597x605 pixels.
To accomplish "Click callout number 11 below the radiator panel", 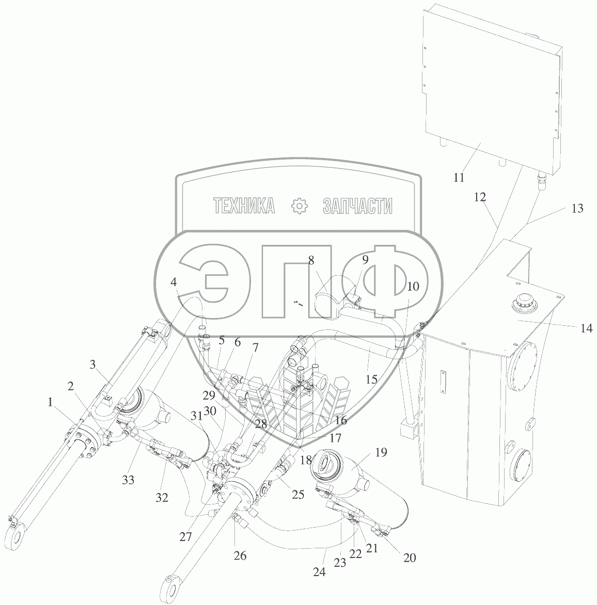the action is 459,178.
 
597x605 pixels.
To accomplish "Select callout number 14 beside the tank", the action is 586,328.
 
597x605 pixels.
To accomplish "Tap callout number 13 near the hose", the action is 577,209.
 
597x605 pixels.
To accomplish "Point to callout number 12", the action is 480,197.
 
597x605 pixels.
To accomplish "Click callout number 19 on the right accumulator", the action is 381,452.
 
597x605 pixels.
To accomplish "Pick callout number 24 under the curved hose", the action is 319,572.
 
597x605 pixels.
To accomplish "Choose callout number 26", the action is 240,555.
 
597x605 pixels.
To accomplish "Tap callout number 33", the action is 128,480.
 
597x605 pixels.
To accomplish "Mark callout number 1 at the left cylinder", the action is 50,403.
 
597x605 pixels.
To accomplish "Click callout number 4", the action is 174,282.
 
